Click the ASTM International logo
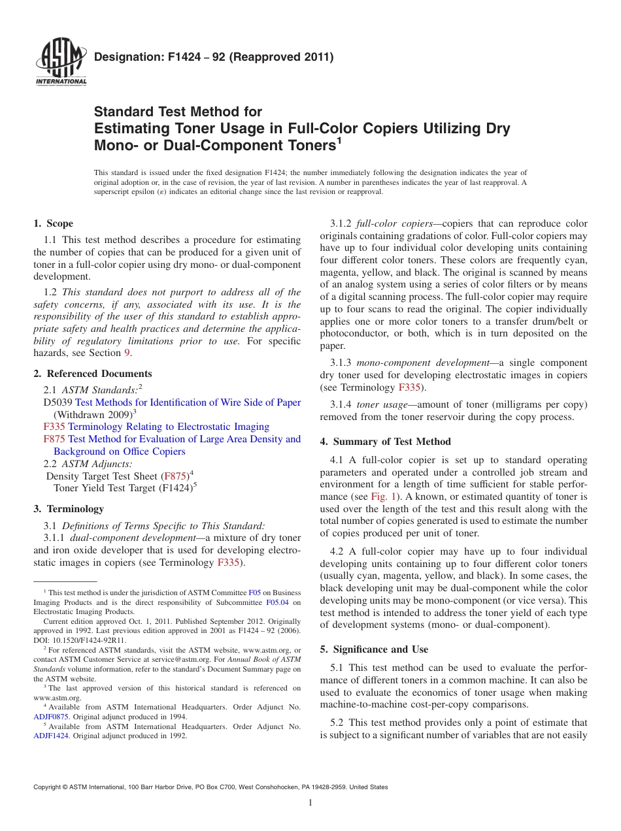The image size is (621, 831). [x=60, y=63]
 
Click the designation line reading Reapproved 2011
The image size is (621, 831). [x=214, y=57]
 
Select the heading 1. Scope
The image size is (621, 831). [x=54, y=223]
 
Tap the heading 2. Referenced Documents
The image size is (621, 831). [x=93, y=374]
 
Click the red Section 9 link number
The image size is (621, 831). [x=127, y=353]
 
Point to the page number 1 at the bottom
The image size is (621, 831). [x=310, y=803]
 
